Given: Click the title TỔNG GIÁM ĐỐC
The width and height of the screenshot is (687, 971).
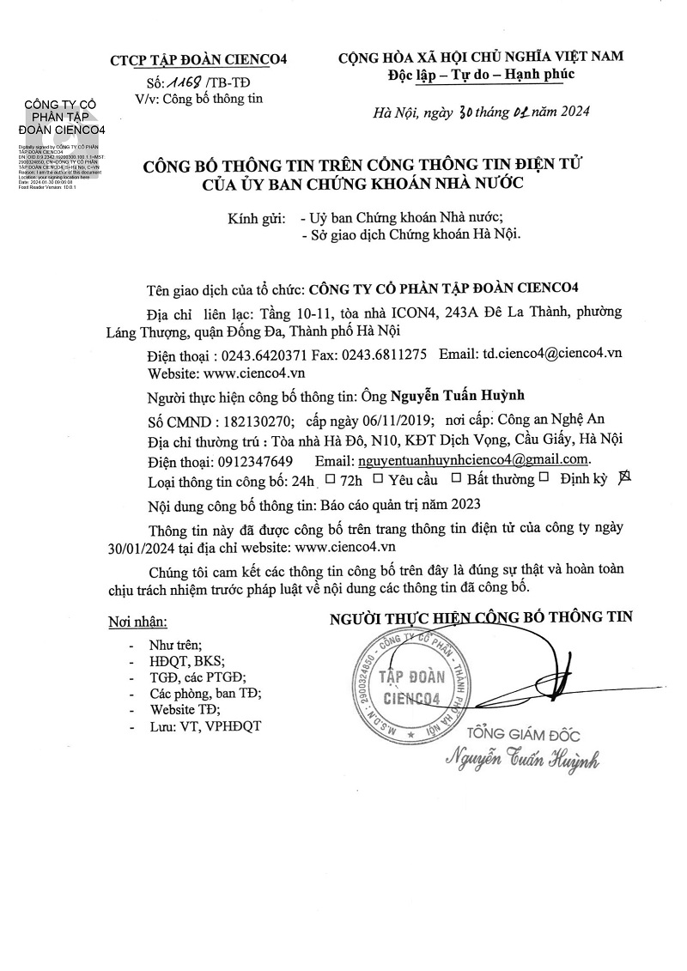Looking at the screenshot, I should tap(523, 735).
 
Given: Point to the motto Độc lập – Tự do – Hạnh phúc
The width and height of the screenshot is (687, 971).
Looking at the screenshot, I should tap(481, 75).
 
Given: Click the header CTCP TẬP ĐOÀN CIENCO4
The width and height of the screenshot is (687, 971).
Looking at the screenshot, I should tap(198, 60).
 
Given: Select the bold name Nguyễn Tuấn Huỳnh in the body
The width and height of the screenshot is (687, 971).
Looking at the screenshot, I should tap(457, 396).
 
